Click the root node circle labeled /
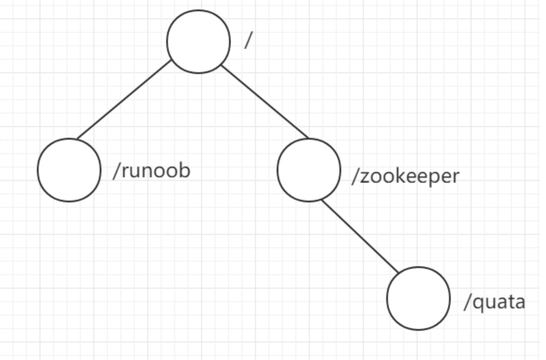point(198,42)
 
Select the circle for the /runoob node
point(69,170)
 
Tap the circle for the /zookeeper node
point(309,170)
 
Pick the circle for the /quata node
point(418,299)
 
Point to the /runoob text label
point(152,171)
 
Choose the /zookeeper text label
point(405,176)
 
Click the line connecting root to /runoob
point(124,100)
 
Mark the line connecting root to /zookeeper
point(265,102)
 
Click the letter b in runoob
point(185,170)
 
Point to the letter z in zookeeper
point(365,177)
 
